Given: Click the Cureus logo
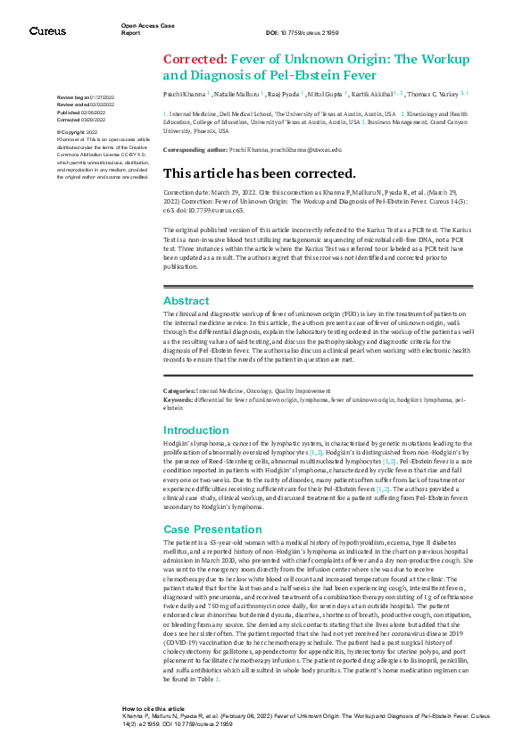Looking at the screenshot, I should tap(46, 31).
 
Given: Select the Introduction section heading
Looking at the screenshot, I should tap(196, 430).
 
